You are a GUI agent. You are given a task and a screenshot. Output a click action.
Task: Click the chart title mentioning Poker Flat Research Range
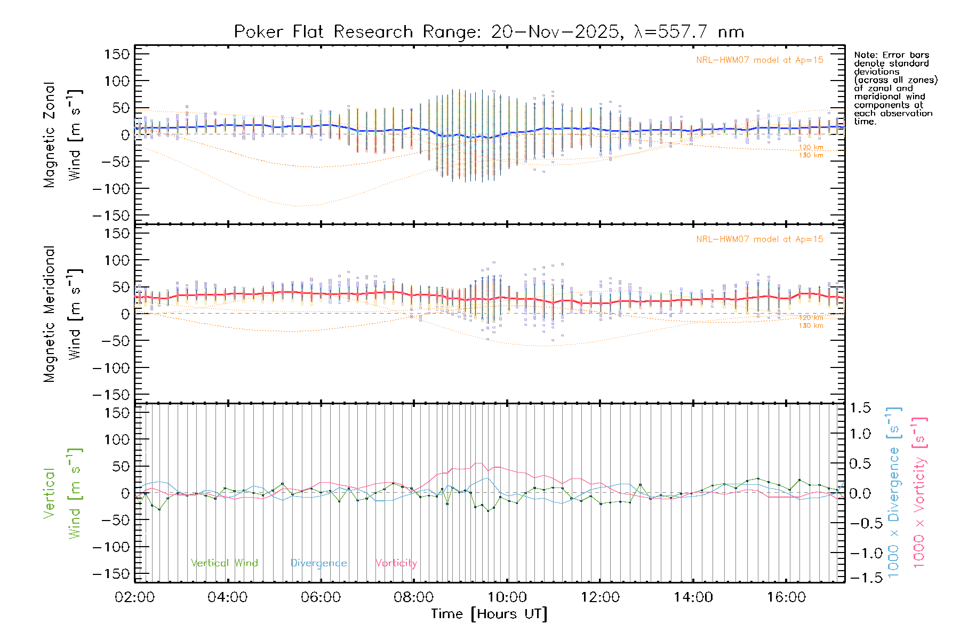489,32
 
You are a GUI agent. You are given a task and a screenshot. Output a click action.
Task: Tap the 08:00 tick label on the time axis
414,597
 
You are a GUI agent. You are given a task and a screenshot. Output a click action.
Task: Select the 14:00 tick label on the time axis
693,597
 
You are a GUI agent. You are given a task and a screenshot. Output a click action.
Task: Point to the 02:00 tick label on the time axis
134,597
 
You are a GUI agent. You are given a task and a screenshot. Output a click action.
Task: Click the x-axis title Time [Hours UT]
489,614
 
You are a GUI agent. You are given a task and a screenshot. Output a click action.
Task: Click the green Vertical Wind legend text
224,563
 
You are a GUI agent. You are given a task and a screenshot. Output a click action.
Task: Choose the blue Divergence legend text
318,563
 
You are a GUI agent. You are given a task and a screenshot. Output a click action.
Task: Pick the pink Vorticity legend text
396,563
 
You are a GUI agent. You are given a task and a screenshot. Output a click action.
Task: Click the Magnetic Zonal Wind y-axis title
62,135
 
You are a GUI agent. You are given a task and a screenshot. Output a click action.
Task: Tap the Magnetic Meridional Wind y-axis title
62,314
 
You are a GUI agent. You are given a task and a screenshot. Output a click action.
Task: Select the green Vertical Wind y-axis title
62,493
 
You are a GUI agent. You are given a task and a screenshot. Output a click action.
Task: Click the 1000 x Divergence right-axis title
894,492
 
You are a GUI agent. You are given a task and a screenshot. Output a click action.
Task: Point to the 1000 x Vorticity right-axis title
919,492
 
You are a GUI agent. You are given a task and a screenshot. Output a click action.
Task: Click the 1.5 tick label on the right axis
860,408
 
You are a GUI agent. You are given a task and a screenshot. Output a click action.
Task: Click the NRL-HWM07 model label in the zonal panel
759,60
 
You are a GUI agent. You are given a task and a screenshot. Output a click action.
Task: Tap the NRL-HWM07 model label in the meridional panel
759,239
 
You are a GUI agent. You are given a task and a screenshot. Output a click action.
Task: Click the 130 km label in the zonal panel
811,155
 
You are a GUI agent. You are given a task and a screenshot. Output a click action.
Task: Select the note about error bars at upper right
895,88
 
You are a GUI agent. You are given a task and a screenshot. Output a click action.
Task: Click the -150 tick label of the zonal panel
111,216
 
